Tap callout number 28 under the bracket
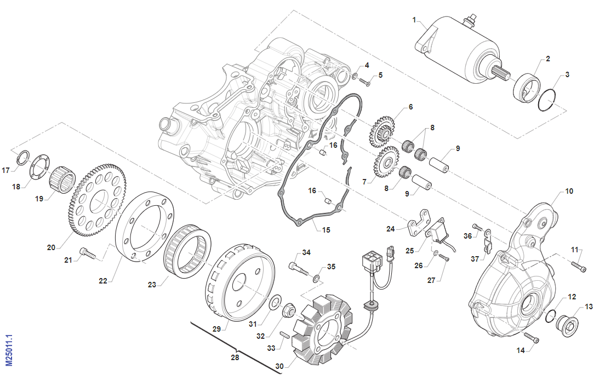(235, 357)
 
